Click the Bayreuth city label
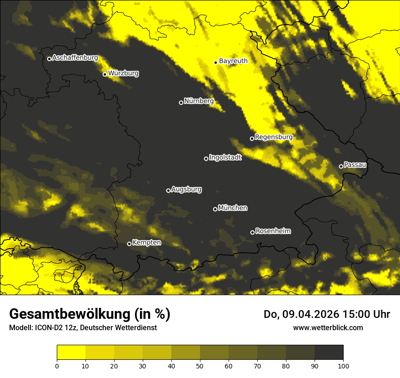[x=233, y=61]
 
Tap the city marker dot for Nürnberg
[x=181, y=102]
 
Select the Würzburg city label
[x=123, y=73]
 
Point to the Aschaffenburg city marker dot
[x=49, y=59]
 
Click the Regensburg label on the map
[x=274, y=137]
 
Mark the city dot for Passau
[x=341, y=166]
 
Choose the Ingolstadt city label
[x=225, y=157]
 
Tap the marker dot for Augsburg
[x=168, y=191]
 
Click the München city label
[x=233, y=208]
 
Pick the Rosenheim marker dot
[x=252, y=233]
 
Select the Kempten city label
[x=146, y=242]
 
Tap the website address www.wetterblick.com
[x=328, y=327]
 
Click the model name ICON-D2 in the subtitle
[x=47, y=328]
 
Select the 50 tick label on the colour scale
[x=200, y=365]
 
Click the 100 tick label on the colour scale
[x=343, y=365]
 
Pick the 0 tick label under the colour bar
[x=57, y=365]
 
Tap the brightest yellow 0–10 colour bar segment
[x=71, y=352]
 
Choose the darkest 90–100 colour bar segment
[x=329, y=352]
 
